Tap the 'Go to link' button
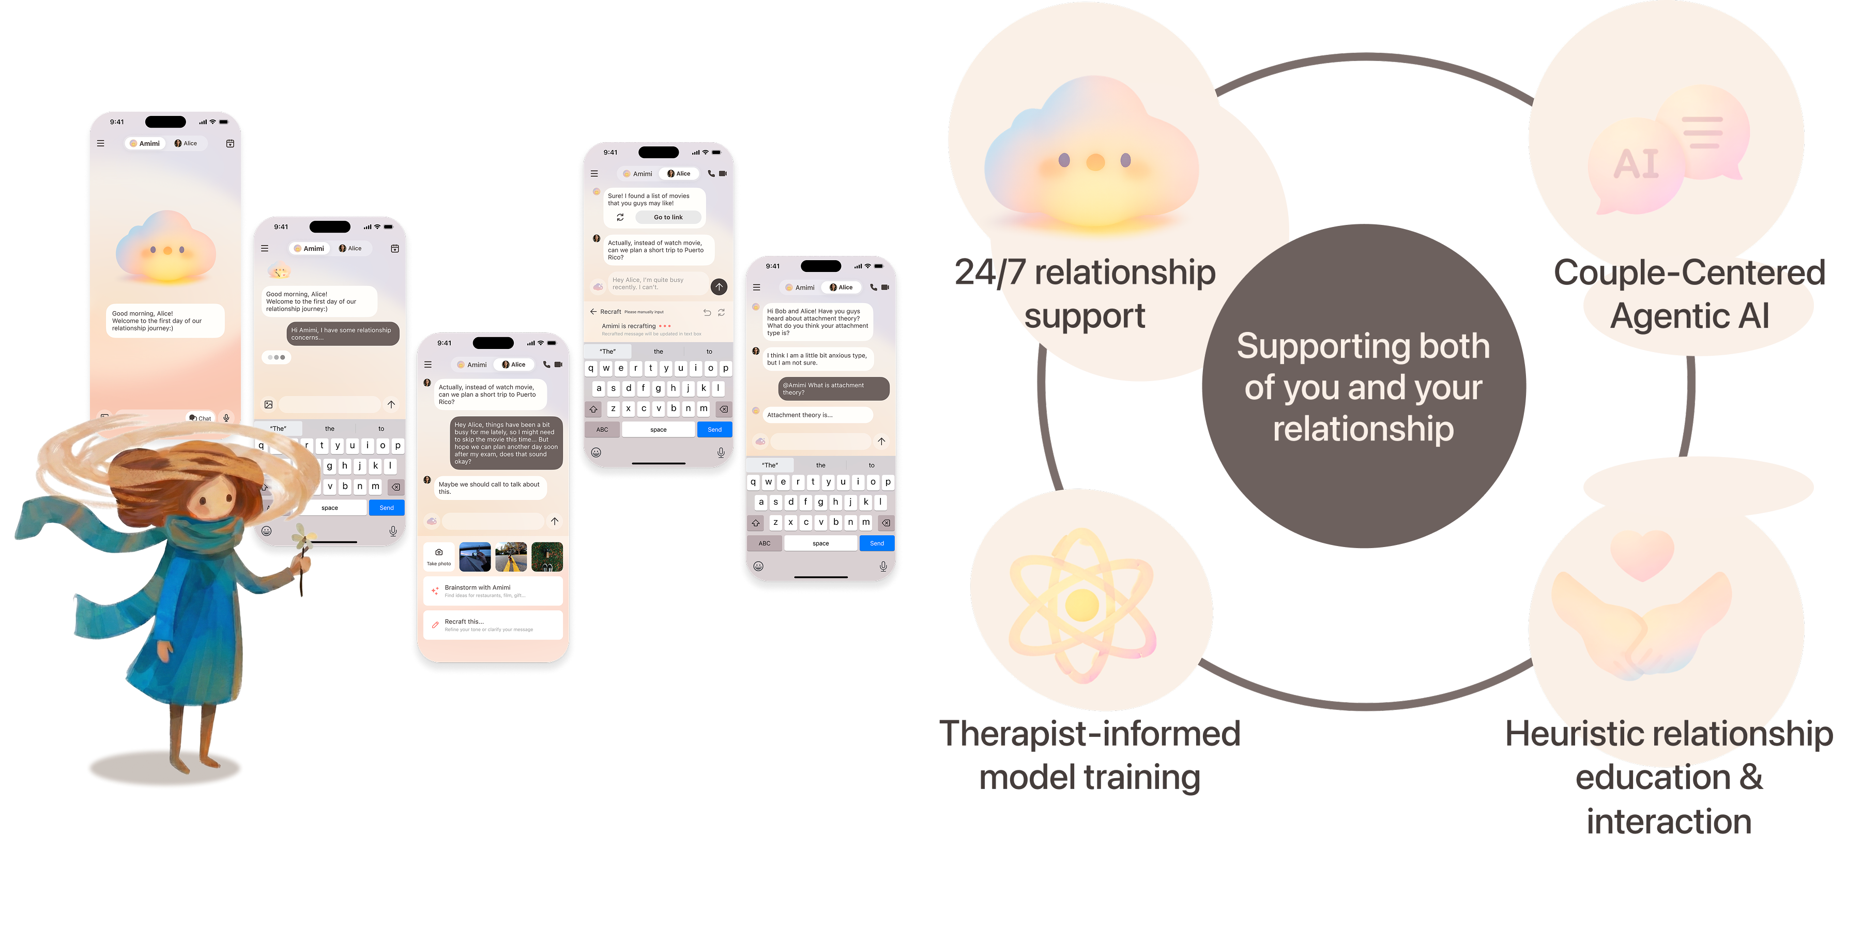click(668, 217)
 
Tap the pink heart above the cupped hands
click(1642, 554)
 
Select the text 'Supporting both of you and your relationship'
click(1363, 387)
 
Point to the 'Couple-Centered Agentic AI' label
click(1689, 294)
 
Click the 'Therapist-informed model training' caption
click(1089, 755)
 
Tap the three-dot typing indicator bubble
click(276, 357)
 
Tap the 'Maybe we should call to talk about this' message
click(490, 488)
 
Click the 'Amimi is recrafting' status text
click(629, 326)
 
